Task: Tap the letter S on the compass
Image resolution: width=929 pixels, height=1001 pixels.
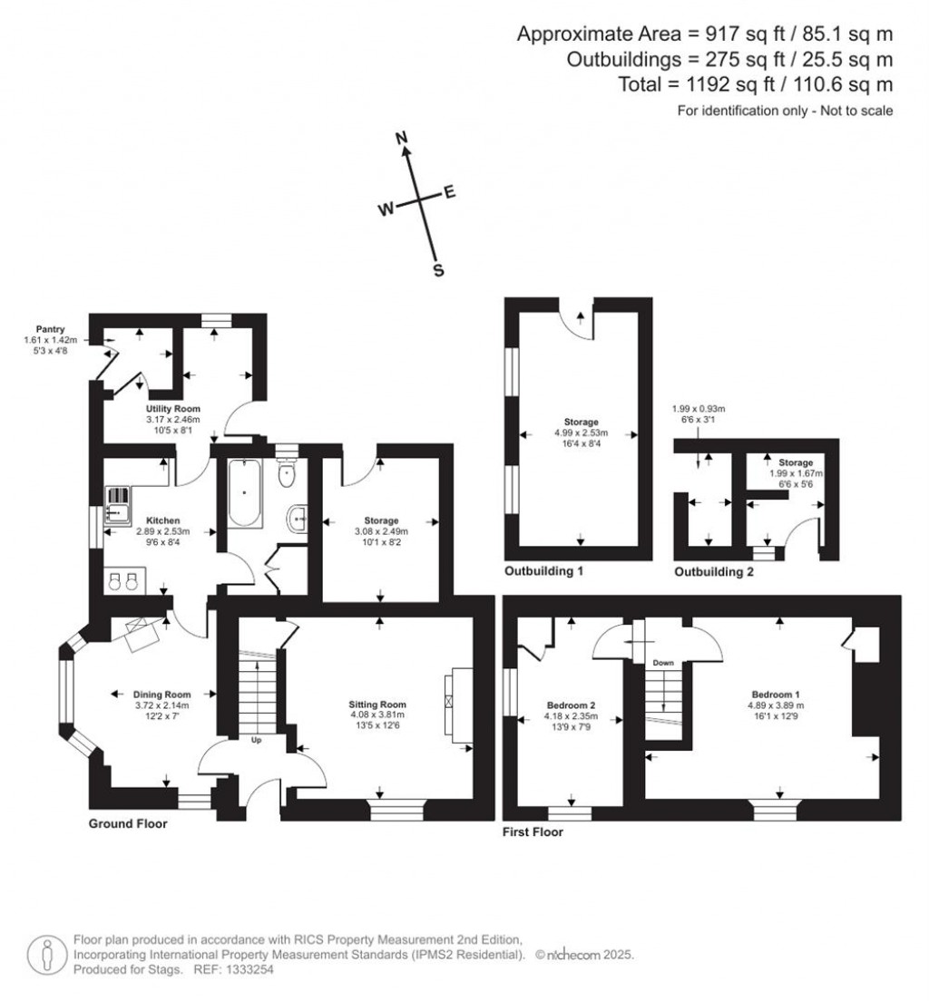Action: coord(438,270)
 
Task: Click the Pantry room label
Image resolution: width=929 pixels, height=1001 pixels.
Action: coord(51,329)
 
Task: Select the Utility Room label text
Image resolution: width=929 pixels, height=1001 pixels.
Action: coord(172,409)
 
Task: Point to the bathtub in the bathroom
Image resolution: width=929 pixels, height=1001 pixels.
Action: coord(245,493)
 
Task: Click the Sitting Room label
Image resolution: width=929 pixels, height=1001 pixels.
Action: coord(377,705)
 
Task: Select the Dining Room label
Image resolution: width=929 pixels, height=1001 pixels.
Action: coord(161,694)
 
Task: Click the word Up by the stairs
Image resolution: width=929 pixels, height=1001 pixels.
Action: coord(256,740)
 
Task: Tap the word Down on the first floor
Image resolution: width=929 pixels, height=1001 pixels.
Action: coord(663,663)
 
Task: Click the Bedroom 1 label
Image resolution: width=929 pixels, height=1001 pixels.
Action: coord(776,694)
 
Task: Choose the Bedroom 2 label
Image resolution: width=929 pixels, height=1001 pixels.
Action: coord(572,705)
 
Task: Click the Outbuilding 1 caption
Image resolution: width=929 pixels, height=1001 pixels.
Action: coord(543,570)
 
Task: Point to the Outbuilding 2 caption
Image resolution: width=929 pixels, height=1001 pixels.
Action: coord(714,572)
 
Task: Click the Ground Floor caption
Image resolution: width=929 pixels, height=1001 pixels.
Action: coord(128,823)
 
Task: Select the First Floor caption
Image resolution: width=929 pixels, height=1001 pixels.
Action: coord(533,831)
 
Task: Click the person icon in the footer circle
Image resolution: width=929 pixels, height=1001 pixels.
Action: coord(47,955)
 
